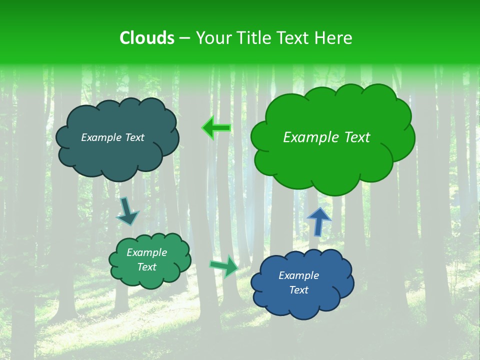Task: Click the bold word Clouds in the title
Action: pyautogui.click(x=147, y=38)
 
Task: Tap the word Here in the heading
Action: pyautogui.click(x=333, y=38)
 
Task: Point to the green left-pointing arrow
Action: pyautogui.click(x=216, y=128)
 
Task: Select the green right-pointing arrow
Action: pyautogui.click(x=224, y=265)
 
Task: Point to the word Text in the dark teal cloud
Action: pyautogui.click(x=135, y=137)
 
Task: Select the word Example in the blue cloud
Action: pyautogui.click(x=298, y=275)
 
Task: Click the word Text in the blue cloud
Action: pyautogui.click(x=298, y=290)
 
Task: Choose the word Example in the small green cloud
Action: pyautogui.click(x=146, y=252)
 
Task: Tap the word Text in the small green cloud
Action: pyautogui.click(x=146, y=267)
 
